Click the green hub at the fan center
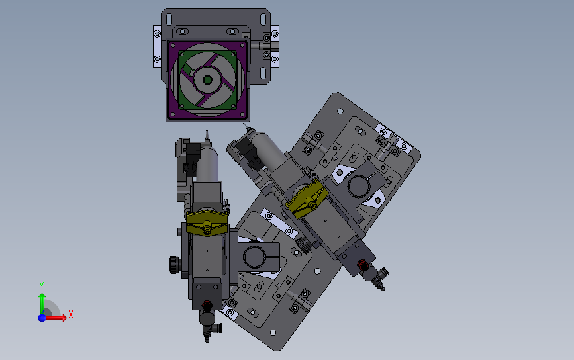pos(208,80)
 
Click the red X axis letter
pos(71,314)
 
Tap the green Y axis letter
pos(42,285)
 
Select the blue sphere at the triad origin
pos(42,318)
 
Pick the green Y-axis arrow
pos(42,303)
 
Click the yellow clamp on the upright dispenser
pos(207,223)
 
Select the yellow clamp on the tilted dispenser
pos(306,199)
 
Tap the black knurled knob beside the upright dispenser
pos(175,265)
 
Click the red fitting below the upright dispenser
pos(207,305)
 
